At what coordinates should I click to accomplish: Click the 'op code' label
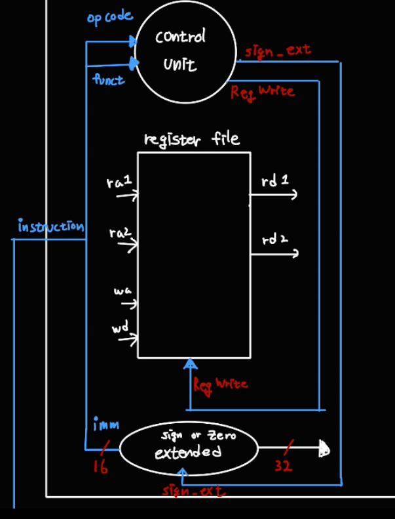109,17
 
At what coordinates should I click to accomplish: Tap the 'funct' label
109,80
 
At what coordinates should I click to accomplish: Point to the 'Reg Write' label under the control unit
262,92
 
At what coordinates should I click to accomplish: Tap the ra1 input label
119,181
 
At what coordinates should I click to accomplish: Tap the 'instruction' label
51,226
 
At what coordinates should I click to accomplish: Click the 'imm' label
105,426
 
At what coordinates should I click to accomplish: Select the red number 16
100,467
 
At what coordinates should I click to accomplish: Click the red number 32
284,467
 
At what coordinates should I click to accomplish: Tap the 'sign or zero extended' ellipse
189,448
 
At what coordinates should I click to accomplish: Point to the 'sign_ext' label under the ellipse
193,490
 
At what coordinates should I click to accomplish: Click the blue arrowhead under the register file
190,363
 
